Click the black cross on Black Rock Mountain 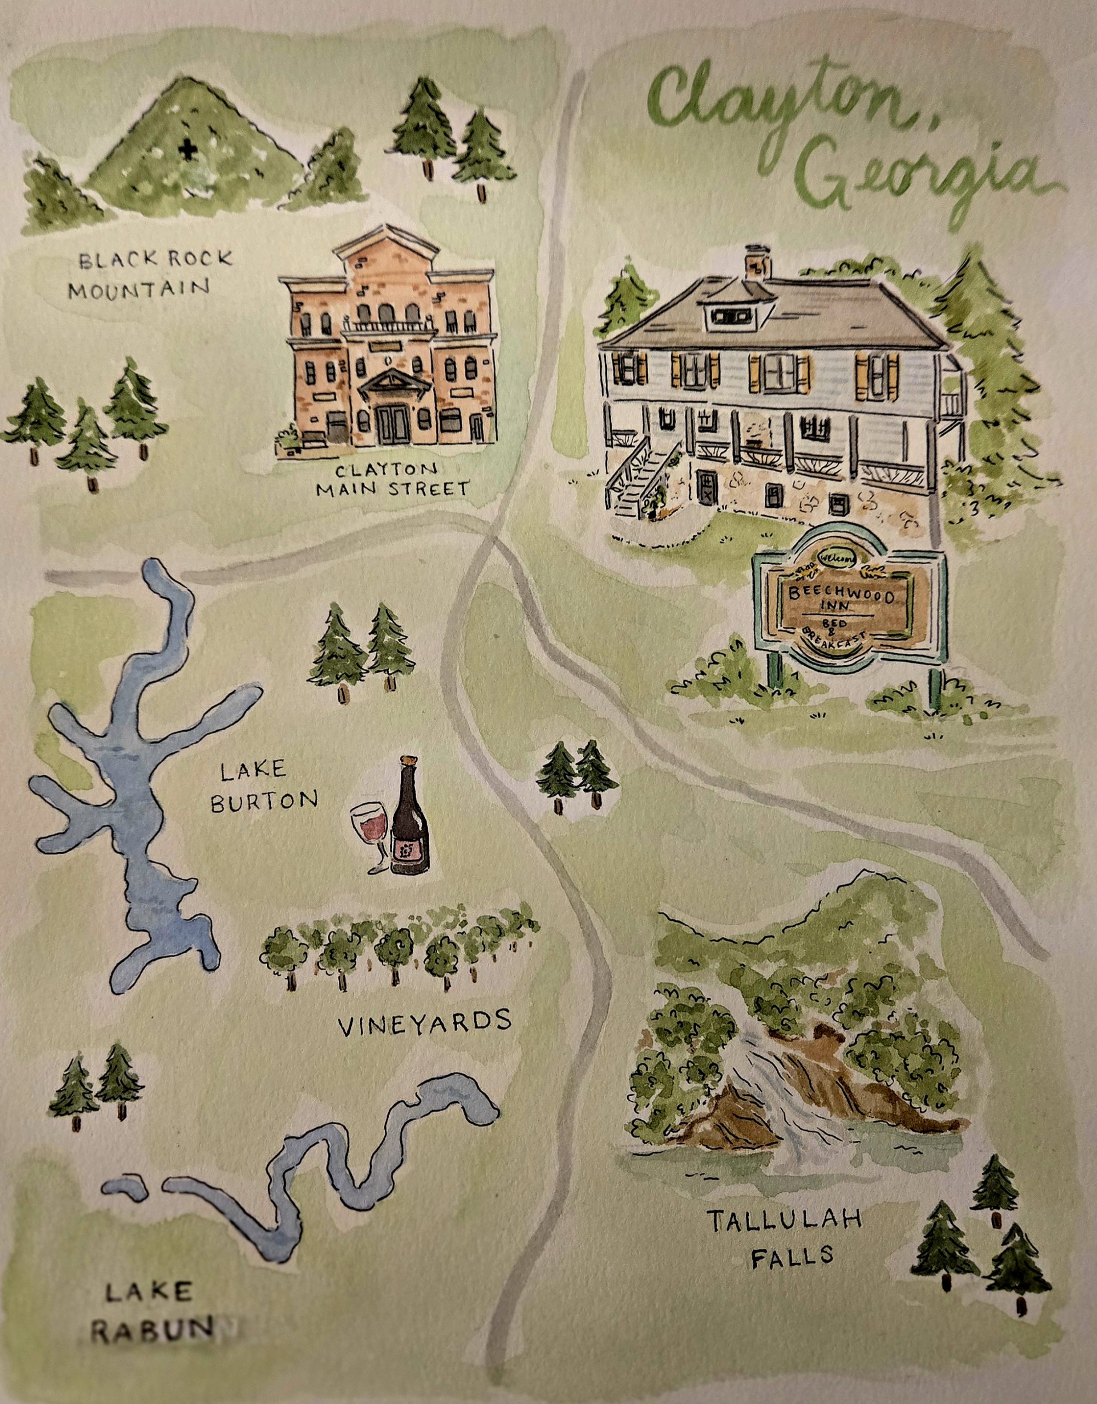click(187, 150)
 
